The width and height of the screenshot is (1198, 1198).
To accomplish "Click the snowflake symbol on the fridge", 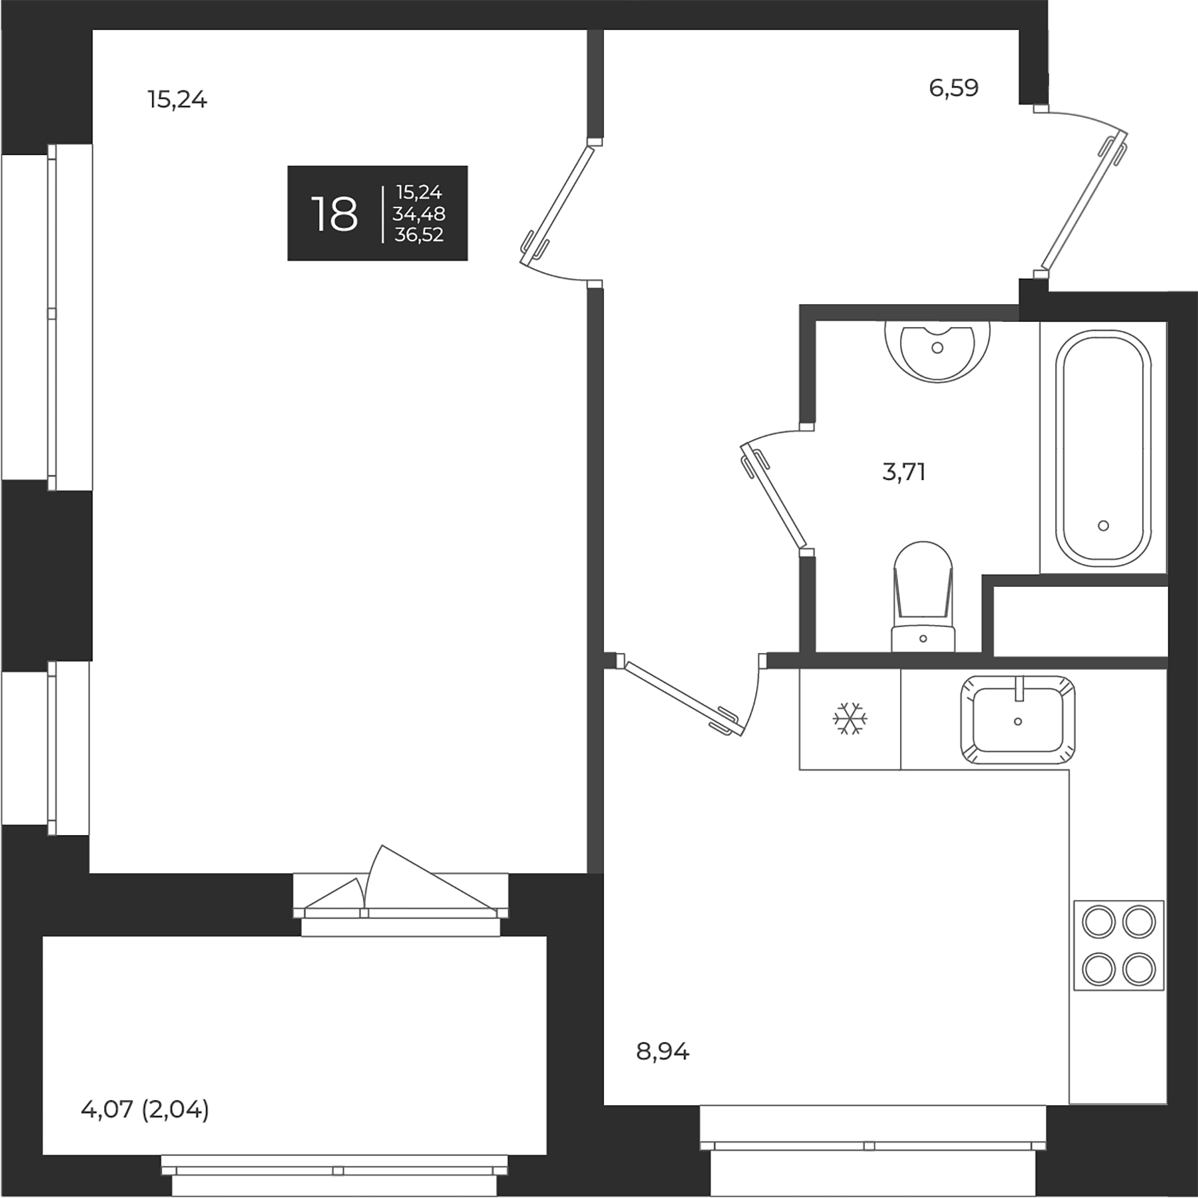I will pyautogui.click(x=850, y=719).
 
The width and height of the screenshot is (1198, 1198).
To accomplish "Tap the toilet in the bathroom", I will pyautogui.click(x=922, y=599).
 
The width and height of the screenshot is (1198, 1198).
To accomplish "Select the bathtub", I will pyautogui.click(x=1103, y=448).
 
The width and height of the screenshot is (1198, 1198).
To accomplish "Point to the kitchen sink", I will pyautogui.click(x=1017, y=721).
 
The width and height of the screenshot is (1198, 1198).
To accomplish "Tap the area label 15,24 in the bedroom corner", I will pyautogui.click(x=177, y=100).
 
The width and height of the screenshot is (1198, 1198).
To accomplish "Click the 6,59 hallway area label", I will pyautogui.click(x=954, y=88).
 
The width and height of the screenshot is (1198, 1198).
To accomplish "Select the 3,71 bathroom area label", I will pyautogui.click(x=904, y=473).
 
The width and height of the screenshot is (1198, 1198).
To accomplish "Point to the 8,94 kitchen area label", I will pyautogui.click(x=663, y=1052).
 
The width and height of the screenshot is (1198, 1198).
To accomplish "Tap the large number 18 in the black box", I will pyautogui.click(x=334, y=214).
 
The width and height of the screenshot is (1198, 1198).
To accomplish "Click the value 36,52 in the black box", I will pyautogui.click(x=419, y=235).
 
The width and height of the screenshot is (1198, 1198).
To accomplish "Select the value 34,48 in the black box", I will pyautogui.click(x=419, y=214).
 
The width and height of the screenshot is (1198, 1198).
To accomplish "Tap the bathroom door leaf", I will pyautogui.click(x=775, y=497).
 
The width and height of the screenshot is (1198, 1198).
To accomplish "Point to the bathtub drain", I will pyautogui.click(x=1103, y=526).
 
